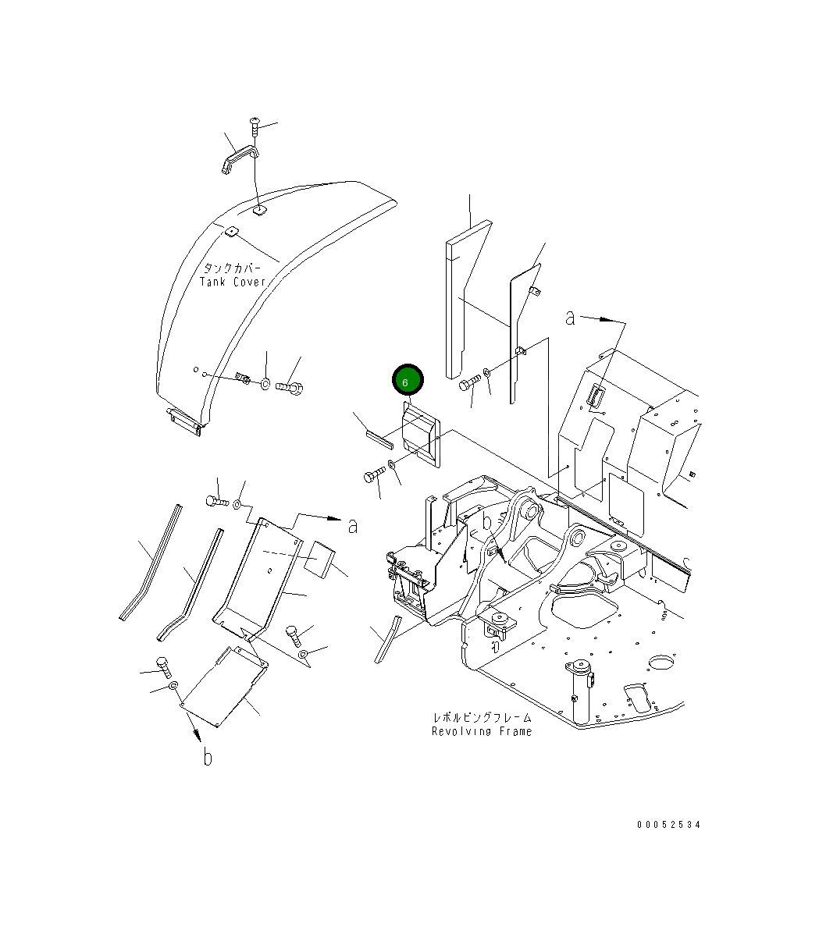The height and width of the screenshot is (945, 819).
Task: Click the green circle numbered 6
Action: click(407, 381)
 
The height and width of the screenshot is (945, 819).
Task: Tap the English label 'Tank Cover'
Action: click(233, 282)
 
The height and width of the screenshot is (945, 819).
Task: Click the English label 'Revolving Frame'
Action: click(482, 731)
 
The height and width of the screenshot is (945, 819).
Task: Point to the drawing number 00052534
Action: click(668, 825)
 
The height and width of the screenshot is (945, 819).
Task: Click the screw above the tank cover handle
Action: click(255, 123)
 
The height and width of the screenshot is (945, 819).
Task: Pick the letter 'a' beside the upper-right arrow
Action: click(571, 318)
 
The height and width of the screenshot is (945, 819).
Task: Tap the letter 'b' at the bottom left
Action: click(208, 756)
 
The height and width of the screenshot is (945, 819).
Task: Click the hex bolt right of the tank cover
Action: click(291, 385)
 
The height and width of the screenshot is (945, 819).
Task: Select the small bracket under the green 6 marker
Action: click(421, 437)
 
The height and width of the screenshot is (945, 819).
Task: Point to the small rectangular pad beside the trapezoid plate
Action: click(319, 558)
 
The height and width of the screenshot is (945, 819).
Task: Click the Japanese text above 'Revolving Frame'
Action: click(482, 716)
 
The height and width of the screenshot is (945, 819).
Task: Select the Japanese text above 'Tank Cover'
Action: click(233, 267)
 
